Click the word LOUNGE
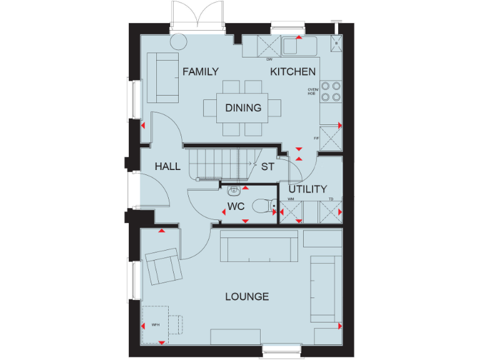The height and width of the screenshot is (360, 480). click(247, 296)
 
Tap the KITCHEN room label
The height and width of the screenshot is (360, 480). click(292, 72)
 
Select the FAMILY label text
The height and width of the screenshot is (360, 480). click(201, 72)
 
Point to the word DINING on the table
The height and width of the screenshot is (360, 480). click(243, 108)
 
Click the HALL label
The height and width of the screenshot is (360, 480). click(167, 166)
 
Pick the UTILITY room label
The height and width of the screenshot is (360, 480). click(307, 189)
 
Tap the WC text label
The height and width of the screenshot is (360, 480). click(236, 206)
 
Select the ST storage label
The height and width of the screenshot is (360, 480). click(267, 167)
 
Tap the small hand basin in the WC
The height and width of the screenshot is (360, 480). click(234, 189)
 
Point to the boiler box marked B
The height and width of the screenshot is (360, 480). click(337, 42)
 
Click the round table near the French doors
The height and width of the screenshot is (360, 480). click(179, 41)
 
